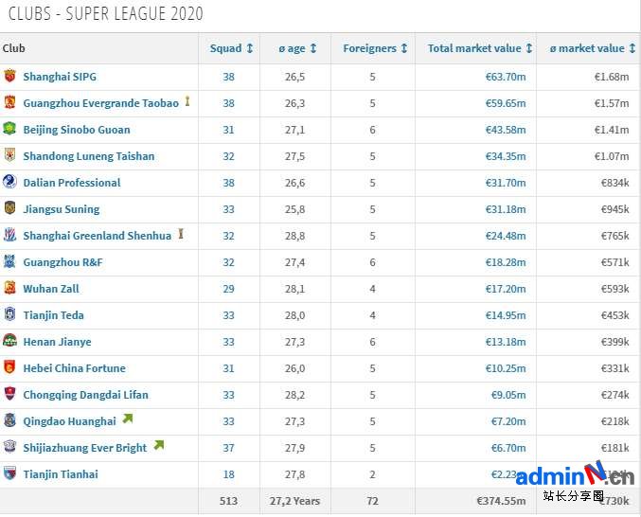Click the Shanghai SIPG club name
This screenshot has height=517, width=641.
60,77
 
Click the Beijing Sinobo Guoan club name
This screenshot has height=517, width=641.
77,130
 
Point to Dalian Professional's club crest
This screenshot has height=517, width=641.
9,182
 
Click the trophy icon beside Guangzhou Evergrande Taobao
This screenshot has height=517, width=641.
187,101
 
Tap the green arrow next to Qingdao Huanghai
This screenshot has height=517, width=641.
128,419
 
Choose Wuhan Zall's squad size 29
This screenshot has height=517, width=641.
228,289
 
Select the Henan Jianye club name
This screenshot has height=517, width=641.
57,342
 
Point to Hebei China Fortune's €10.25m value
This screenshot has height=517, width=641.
506,368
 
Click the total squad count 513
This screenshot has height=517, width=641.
227,501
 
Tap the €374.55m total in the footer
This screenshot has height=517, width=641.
502,501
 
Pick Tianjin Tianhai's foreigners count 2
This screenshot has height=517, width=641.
372,474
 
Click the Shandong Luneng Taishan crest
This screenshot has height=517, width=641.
9,155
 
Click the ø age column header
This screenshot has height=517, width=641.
292,48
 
